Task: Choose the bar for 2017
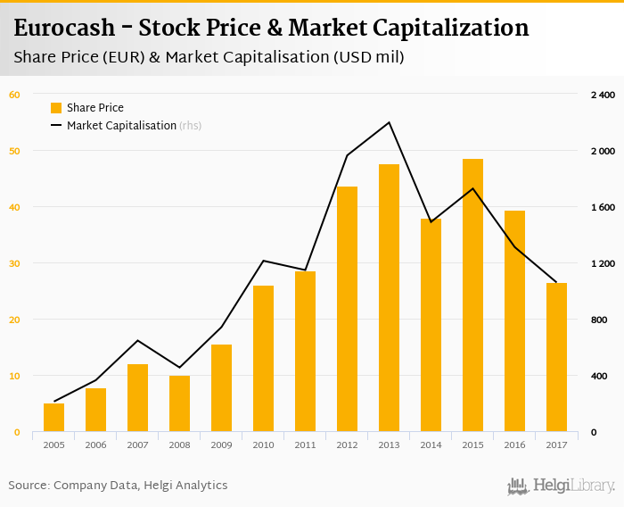556,357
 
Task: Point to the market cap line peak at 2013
389,122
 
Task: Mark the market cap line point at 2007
137,340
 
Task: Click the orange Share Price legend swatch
56,108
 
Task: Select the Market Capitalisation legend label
121,126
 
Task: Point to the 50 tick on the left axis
14,151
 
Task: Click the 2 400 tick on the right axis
603,95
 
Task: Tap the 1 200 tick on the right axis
603,263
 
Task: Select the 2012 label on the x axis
347,445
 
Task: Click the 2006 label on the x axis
95,445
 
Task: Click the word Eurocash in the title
65,29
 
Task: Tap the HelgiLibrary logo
562,486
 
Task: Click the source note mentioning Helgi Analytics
118,486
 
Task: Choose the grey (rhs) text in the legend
191,126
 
